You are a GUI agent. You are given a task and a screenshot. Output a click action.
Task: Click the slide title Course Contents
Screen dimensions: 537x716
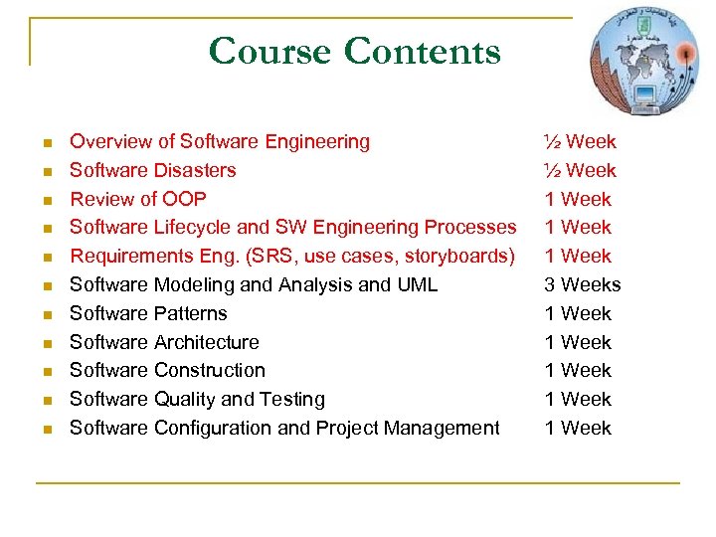click(354, 51)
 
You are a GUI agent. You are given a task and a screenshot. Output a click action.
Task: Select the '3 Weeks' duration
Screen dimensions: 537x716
click(582, 284)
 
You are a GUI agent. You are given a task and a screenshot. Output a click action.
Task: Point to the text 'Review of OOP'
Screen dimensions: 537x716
click(138, 199)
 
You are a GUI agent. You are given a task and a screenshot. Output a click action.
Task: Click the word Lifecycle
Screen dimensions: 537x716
click(201, 228)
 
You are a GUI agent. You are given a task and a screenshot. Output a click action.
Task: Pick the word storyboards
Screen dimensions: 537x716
click(457, 257)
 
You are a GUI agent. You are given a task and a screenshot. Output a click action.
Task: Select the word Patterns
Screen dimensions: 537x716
click(190, 313)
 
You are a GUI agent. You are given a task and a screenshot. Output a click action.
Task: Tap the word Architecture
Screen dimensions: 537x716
click(206, 342)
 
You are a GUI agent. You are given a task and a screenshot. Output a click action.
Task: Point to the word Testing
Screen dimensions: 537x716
click(292, 399)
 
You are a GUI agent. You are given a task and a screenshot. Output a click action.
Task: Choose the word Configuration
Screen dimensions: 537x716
click(213, 428)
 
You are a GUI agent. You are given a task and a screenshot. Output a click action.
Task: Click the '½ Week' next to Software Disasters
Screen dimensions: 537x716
click(579, 170)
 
